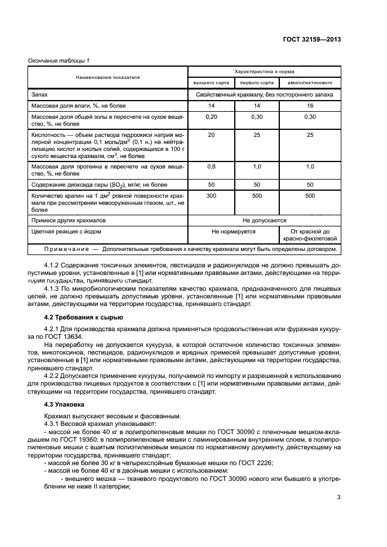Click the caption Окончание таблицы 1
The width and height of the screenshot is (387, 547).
pyautogui.click(x=59, y=61)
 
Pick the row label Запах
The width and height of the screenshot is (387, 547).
pyautogui.click(x=39, y=94)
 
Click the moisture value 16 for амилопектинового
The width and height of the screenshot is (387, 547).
pyautogui.click(x=310, y=106)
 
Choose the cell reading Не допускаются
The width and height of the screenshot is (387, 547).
pyautogui.click(x=264, y=221)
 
